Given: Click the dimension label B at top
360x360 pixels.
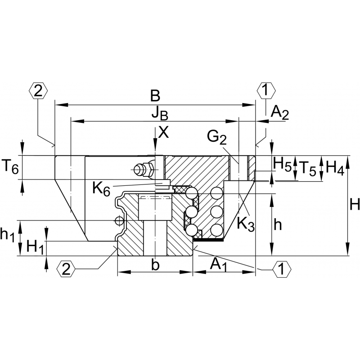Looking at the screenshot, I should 155,95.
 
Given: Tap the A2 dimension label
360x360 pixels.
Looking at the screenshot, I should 279,113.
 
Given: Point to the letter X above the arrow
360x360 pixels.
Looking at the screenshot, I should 164,132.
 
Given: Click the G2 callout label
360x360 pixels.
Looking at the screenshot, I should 217,137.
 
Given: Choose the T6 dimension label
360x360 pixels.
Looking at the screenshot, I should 11,168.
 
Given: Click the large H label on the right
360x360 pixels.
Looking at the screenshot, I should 354,206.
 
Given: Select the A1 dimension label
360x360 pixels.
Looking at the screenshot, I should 219,265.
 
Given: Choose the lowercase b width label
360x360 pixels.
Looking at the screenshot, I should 155,265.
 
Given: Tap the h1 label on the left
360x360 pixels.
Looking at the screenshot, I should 8,234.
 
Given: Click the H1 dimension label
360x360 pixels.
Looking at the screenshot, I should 35,247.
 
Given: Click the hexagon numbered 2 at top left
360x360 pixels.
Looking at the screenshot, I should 38,91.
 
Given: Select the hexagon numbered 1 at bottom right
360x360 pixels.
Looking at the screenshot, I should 282,270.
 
